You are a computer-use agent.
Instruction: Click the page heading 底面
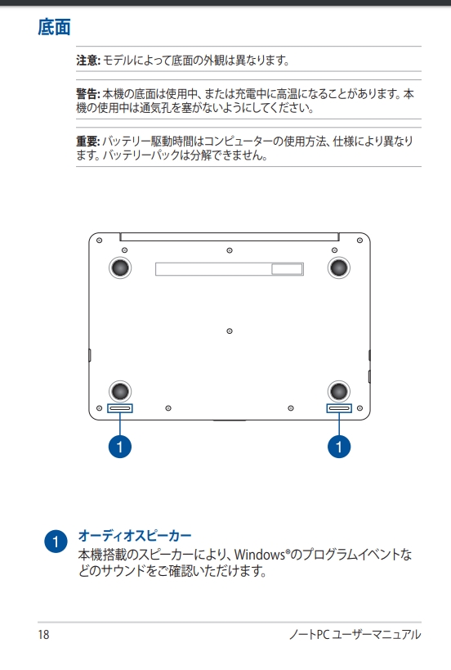[x=54, y=27]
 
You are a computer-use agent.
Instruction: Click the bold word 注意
[x=87, y=61]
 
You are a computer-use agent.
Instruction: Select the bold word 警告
[x=87, y=93]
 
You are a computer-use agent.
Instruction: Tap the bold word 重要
[x=87, y=141]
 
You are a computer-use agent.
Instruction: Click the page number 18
[x=43, y=635]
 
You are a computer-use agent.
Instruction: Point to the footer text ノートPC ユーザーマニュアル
[x=355, y=635]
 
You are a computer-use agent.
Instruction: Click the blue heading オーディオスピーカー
[x=135, y=535]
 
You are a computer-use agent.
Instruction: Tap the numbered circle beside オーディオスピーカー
[x=56, y=542]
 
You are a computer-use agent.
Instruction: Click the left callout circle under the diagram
[x=120, y=447]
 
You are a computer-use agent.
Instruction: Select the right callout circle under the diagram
[x=339, y=447]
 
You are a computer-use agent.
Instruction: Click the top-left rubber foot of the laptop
[x=120, y=268]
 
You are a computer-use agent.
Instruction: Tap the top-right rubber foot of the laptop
[x=339, y=268]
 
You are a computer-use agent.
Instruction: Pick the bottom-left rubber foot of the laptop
[x=120, y=391]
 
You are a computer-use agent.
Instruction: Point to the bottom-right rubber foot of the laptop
[x=339, y=391]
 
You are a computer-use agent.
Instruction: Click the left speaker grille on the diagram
[x=120, y=408]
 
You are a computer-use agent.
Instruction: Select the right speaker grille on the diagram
[x=339, y=408]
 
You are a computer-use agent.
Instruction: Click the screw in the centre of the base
[x=230, y=331]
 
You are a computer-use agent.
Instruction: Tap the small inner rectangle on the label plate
[x=287, y=269]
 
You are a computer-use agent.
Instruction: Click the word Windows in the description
[x=260, y=555]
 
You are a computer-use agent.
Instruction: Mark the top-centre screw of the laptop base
[x=230, y=250]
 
